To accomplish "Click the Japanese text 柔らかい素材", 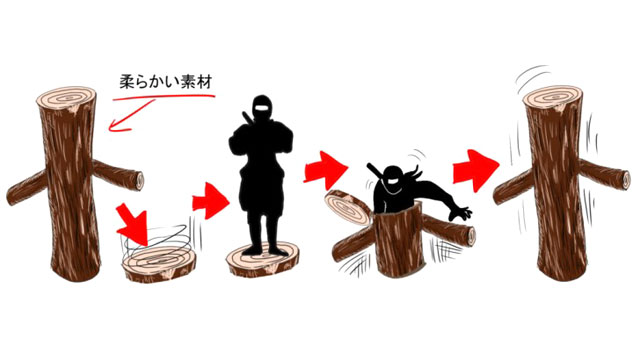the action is pyautogui.click(x=166, y=81).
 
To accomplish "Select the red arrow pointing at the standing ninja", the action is pyautogui.click(x=211, y=201).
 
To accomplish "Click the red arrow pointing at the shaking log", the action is pyautogui.click(x=476, y=170).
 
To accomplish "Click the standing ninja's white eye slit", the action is pyautogui.click(x=262, y=109).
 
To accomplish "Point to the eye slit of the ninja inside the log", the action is pyautogui.click(x=391, y=181).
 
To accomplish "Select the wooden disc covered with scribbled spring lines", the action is pyautogui.click(x=160, y=265).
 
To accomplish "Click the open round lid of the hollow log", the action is pyautogui.click(x=348, y=208).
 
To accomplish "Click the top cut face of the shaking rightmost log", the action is pyautogui.click(x=553, y=98).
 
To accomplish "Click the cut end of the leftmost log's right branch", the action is pyautogui.click(x=139, y=181).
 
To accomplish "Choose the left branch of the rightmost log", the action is pyautogui.click(x=513, y=187).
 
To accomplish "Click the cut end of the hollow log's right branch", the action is pyautogui.click(x=471, y=237).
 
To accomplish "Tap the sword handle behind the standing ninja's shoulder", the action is pyautogui.click(x=246, y=118).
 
